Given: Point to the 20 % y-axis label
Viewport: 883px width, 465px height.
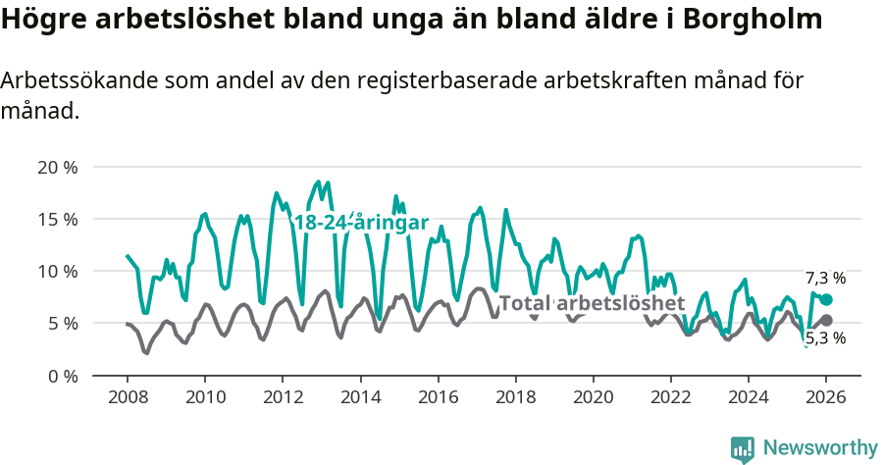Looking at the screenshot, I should (57, 167).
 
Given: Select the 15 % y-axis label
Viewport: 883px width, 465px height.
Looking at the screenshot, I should (57, 219).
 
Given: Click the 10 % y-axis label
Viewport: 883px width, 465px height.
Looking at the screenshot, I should (57, 271).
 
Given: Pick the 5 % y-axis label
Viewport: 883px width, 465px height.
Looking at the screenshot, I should (61, 323).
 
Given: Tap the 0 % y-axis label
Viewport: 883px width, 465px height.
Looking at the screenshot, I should (61, 376).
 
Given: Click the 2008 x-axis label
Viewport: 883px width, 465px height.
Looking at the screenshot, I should (128, 397).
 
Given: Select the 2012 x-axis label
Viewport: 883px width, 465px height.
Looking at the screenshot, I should (283, 397).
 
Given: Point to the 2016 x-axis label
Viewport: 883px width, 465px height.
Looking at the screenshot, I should (438, 397).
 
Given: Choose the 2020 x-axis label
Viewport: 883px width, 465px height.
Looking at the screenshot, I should (593, 397).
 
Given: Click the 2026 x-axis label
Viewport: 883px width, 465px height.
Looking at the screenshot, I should (826, 397).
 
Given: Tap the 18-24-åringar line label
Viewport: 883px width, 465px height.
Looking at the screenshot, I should (361, 223).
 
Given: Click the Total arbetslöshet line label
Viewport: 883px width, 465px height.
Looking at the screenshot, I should (592, 303).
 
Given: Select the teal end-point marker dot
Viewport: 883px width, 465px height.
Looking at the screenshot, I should (826, 299).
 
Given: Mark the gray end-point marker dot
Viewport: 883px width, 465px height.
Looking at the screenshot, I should (826, 320).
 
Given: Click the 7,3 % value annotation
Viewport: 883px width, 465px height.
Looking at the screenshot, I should (825, 279).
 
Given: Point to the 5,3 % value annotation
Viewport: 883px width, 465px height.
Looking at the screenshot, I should (825, 339).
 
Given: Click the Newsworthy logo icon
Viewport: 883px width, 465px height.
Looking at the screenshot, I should (743, 449).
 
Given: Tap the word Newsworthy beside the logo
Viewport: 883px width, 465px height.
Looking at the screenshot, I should (819, 448).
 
